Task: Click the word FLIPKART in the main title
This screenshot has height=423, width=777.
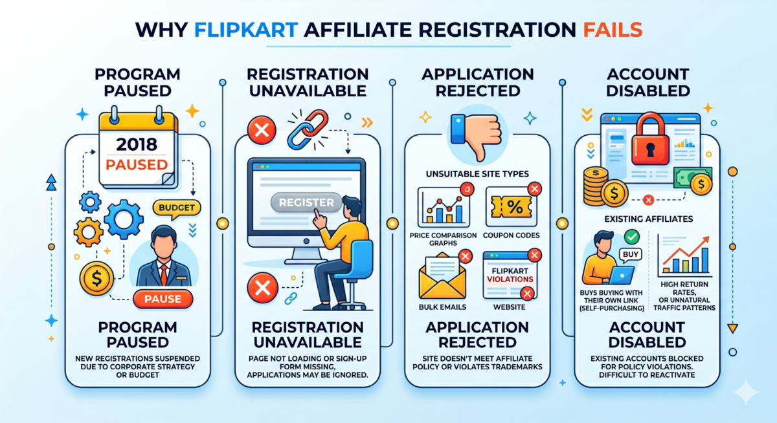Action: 246,30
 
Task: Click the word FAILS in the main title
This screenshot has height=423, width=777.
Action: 613,30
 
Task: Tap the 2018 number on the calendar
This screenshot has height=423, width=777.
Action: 137,144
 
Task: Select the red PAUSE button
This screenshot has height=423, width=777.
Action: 163,299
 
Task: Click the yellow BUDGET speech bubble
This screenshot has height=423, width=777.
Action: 177,208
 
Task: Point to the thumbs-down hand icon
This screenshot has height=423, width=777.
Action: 476,136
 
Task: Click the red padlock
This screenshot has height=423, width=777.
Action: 650,139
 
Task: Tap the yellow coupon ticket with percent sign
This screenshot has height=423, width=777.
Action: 511,208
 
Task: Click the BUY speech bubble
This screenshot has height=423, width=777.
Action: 630,255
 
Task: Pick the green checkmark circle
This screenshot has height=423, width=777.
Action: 632,237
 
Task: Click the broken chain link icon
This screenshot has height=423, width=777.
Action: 308,129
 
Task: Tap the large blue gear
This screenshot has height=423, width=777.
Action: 124,219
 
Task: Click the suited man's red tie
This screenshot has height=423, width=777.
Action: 163,274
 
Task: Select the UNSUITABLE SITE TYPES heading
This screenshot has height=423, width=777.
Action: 477,174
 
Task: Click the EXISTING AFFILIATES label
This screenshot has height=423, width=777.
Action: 649,219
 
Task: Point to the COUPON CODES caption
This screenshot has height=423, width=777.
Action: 511,235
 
